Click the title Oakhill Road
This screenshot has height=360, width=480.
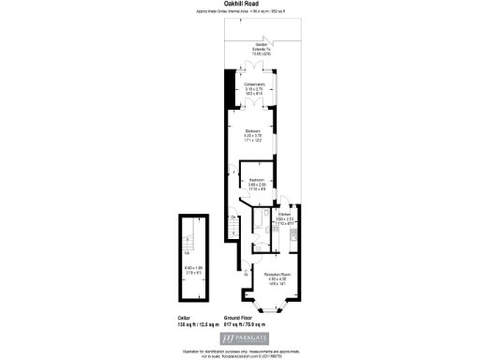click(x=252, y=4)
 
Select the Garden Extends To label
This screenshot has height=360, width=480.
click(x=256, y=48)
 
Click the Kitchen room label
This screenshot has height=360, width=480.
click(x=283, y=215)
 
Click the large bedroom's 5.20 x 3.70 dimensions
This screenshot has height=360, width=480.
click(x=252, y=135)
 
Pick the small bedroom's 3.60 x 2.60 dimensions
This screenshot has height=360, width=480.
click(x=257, y=185)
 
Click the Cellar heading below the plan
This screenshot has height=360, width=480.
click(x=184, y=319)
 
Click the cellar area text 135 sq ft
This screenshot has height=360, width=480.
click(x=190, y=325)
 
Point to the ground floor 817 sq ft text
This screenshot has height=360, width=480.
click(x=252, y=325)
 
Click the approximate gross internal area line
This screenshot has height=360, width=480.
click(x=252, y=12)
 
